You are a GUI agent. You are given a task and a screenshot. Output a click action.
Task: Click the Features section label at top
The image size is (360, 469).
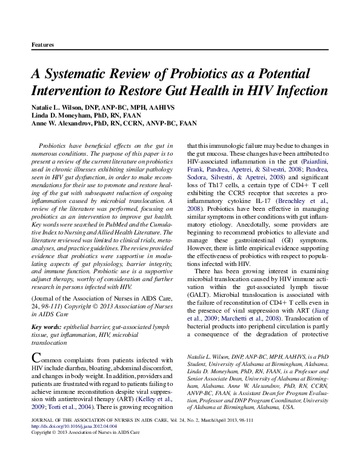(x=42, y=45)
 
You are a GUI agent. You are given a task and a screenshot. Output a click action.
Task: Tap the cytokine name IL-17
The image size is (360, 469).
(x=265, y=201)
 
